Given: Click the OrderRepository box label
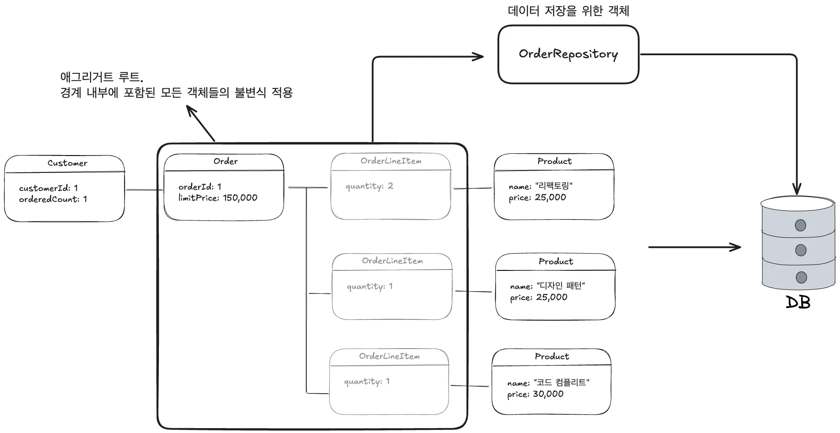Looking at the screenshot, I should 568,54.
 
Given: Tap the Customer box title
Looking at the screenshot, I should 67,163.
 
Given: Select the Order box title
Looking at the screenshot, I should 225,161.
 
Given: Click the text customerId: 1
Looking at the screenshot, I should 48,188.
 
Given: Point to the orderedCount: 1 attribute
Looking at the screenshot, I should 53,199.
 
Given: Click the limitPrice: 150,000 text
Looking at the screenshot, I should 218,198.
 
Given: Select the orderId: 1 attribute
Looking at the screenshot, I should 200,186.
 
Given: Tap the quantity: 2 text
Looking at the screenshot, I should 369,186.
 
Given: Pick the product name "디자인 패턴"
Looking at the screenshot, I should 561,286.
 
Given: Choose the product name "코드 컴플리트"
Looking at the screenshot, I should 561,383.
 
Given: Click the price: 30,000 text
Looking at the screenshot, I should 535,394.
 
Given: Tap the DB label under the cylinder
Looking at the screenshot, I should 798,303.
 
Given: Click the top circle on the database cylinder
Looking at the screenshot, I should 800,225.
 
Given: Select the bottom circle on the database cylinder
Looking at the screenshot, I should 801,277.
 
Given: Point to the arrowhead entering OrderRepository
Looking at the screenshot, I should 479,57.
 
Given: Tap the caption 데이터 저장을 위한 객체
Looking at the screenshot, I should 568,11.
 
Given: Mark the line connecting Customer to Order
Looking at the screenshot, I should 144,190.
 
